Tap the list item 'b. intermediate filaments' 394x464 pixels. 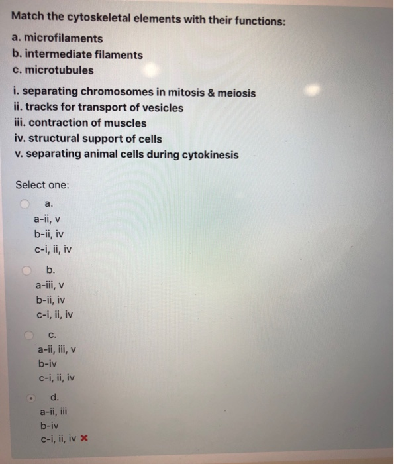77,54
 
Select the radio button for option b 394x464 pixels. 26,270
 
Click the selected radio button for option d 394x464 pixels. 29,398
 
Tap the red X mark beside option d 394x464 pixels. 85,439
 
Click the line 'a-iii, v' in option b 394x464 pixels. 50,285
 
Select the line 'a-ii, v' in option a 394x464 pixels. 48,219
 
